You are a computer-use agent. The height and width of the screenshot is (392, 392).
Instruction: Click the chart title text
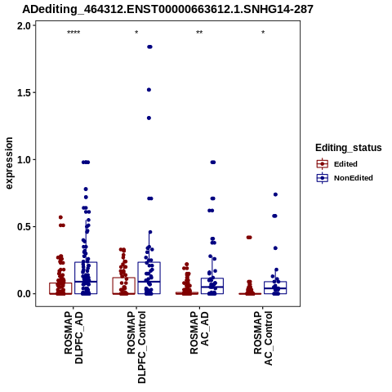(x=167, y=10)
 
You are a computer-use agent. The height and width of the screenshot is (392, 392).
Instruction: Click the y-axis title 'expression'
(x=9, y=163)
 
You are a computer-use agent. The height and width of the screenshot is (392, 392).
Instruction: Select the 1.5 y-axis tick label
(x=24, y=93)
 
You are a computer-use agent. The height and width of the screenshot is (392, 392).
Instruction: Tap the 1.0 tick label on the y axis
(x=24, y=160)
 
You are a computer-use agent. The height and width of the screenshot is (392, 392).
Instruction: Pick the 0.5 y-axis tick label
(x=24, y=227)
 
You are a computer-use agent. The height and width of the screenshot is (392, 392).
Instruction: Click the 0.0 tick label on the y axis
(x=24, y=294)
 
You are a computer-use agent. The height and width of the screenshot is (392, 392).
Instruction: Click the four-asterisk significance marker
(x=73, y=33)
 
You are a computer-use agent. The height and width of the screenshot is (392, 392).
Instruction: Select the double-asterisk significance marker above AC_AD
(x=199, y=33)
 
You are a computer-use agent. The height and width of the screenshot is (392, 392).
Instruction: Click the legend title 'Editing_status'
(x=348, y=148)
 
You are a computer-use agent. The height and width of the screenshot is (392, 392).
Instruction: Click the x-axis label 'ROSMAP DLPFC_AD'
(x=73, y=337)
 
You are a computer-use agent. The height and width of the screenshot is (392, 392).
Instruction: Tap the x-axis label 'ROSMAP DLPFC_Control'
(x=136, y=347)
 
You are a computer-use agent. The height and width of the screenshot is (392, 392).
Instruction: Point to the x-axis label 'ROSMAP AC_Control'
(x=263, y=338)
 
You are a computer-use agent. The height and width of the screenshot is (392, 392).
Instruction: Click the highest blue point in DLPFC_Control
(x=149, y=47)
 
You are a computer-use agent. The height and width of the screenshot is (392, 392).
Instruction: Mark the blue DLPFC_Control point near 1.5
(x=149, y=90)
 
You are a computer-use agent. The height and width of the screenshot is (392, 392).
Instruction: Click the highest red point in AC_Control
(x=249, y=238)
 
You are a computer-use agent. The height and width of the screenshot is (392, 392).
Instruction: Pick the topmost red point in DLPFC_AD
(x=60, y=217)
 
